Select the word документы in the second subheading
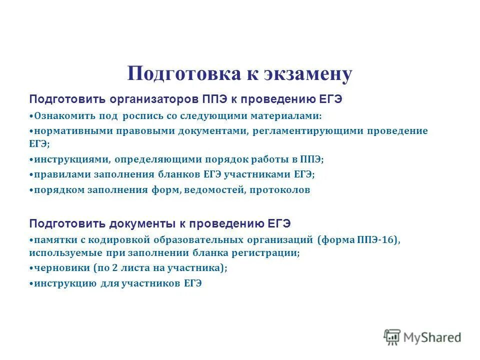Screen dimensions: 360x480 [x=139, y=222]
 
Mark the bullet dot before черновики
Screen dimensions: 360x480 [x=31, y=268]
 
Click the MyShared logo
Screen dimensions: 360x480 [x=422, y=337]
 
